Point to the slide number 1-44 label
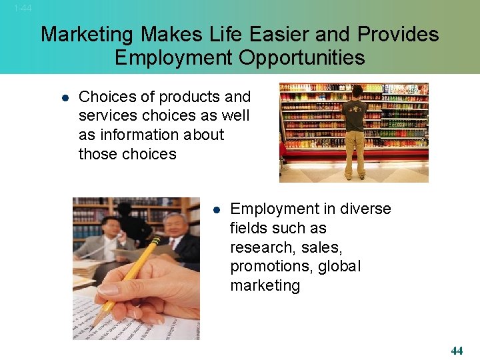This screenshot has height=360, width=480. (x=23, y=8)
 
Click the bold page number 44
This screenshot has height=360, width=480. (x=457, y=351)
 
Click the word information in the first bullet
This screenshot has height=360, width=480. (x=149, y=135)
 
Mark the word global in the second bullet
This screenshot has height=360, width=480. (x=340, y=267)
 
